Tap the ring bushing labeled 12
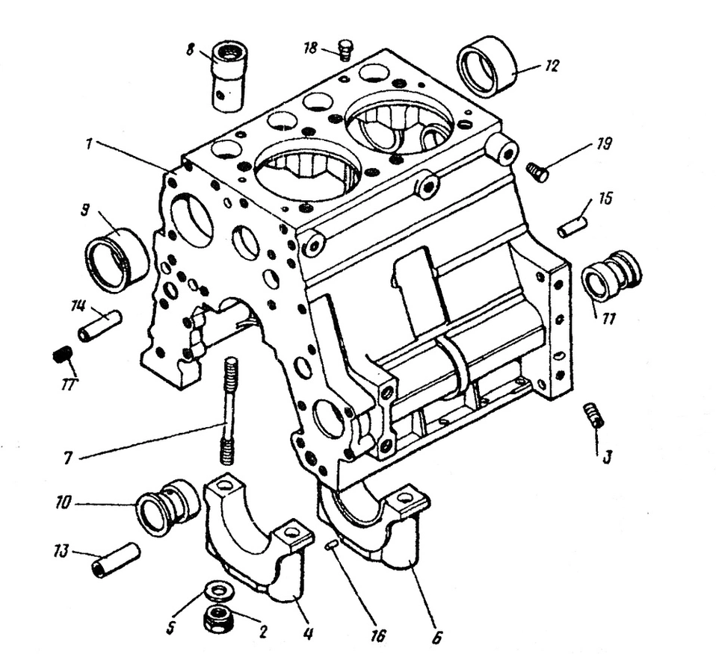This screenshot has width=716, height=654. tap(487, 66)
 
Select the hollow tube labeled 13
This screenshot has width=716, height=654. tap(116, 561)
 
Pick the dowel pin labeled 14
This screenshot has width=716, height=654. tap(100, 326)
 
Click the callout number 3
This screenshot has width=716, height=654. tap(607, 455)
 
